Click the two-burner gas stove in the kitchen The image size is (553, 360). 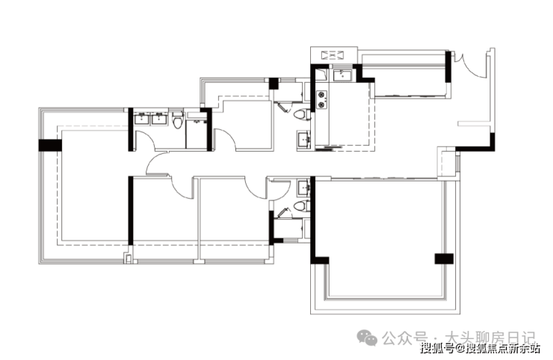[324, 100]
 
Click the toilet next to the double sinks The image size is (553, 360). [177, 120]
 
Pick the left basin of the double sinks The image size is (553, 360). [141, 118]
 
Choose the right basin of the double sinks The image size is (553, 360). [158, 118]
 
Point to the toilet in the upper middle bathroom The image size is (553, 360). [300, 114]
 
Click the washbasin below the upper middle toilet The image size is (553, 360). [303, 140]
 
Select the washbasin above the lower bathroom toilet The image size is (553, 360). [303, 187]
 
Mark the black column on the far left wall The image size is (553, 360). [49, 145]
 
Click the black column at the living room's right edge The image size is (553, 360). [444, 258]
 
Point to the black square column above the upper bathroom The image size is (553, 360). [274, 83]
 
